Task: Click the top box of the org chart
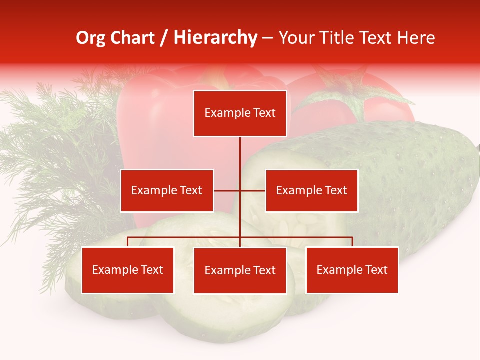click(240, 113)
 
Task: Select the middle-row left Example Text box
click(167, 190)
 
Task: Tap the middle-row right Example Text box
click(311, 190)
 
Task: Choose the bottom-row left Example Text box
click(127, 270)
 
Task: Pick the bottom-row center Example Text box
click(240, 270)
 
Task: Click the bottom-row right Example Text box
click(352, 270)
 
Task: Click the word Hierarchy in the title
click(215, 38)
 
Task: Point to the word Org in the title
click(90, 38)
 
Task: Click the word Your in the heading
click(296, 38)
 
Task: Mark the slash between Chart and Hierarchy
click(164, 38)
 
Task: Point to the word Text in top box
click(263, 113)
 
